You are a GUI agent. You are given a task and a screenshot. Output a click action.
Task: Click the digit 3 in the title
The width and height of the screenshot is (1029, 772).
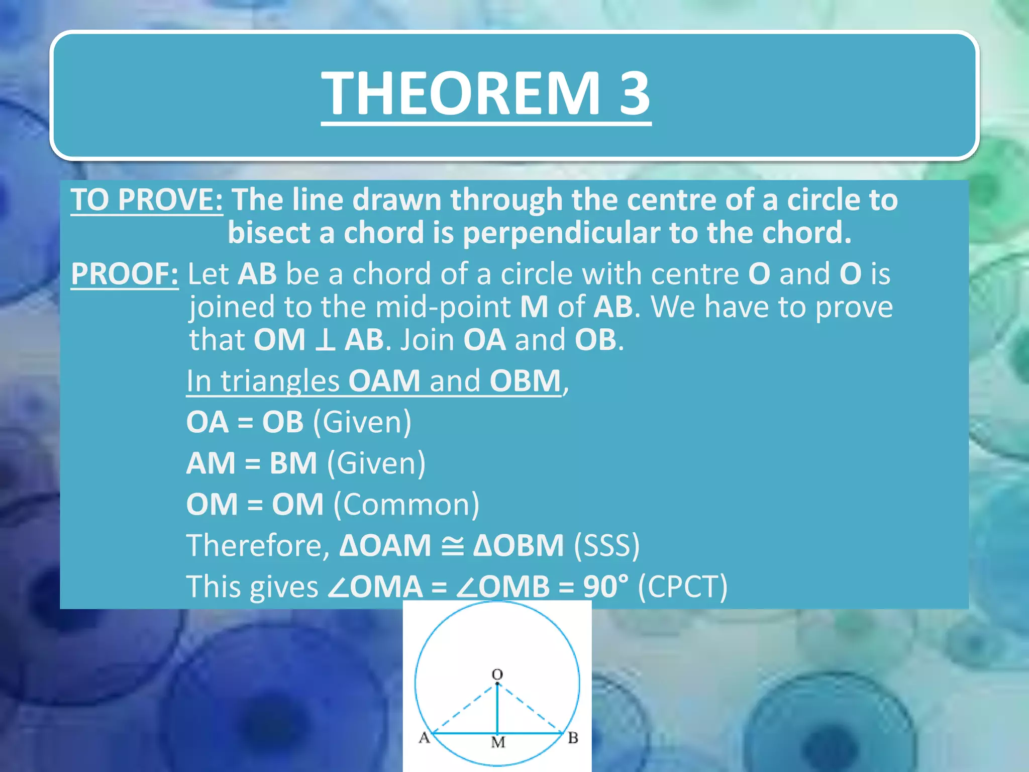(634, 93)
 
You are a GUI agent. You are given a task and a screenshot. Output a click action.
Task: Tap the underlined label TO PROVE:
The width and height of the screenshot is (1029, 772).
(146, 200)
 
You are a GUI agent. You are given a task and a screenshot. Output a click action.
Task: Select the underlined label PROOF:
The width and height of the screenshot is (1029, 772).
(125, 274)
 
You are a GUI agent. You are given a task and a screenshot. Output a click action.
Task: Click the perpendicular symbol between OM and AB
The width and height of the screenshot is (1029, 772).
(325, 340)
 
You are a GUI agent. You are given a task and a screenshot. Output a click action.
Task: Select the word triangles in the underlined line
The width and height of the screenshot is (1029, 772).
(280, 381)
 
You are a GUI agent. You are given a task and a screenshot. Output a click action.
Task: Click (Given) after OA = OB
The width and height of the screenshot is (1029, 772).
(362, 422)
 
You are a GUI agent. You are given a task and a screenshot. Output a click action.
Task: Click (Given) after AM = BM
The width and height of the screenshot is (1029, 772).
(376, 463)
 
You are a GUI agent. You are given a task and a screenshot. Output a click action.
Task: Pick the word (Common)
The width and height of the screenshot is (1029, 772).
(406, 505)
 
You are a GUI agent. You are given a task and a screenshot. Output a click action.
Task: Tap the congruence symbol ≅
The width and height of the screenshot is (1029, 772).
(452, 546)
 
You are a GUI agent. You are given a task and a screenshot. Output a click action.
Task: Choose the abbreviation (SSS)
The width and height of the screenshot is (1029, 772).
(606, 546)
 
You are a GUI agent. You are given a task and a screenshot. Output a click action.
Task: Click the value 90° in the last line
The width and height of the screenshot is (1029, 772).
(605, 587)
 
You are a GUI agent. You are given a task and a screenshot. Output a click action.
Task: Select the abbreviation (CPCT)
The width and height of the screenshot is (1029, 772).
(682, 587)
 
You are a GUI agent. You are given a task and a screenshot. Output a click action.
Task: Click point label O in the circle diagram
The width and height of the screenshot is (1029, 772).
(497, 674)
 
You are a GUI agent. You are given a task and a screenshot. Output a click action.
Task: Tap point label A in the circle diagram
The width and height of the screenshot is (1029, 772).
(425, 738)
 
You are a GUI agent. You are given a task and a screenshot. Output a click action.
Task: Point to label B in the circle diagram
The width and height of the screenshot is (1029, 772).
(573, 738)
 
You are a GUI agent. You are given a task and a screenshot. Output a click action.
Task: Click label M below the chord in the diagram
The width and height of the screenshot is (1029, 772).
(498, 742)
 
